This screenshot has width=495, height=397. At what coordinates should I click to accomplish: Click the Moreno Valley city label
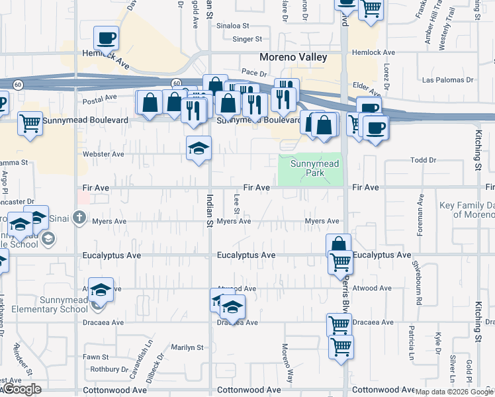pos(293,58)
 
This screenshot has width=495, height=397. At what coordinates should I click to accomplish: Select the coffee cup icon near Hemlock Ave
pos(106,38)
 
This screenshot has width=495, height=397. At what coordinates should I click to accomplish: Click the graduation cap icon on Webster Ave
pos(198,150)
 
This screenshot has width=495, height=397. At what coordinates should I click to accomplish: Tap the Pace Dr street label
pos(253,71)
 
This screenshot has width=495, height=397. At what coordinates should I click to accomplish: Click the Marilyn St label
pos(187,347)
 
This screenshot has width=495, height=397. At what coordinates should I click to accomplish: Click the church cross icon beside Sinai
pos(79,216)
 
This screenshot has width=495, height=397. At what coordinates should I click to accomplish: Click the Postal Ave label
pos(99,97)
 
